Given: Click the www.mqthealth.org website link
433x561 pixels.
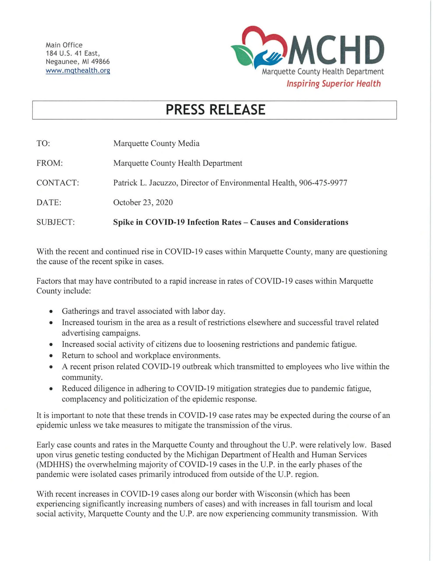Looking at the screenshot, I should pyautogui.click(x=78, y=70).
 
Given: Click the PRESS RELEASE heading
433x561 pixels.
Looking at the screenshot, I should pyautogui.click(x=215, y=110).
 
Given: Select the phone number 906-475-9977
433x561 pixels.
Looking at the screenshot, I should pyautogui.click(x=323, y=183).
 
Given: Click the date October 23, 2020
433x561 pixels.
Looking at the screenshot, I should pyautogui.click(x=143, y=202).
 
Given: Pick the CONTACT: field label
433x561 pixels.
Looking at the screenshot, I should pyautogui.click(x=58, y=183).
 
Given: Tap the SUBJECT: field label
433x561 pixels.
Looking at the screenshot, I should pyautogui.click(x=55, y=222).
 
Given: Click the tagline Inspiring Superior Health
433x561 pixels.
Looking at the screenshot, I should pyautogui.click(x=333, y=84).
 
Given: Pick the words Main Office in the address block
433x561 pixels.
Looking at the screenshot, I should pyautogui.click(x=64, y=45).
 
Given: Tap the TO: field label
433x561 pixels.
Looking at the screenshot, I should pyautogui.click(x=43, y=143).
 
